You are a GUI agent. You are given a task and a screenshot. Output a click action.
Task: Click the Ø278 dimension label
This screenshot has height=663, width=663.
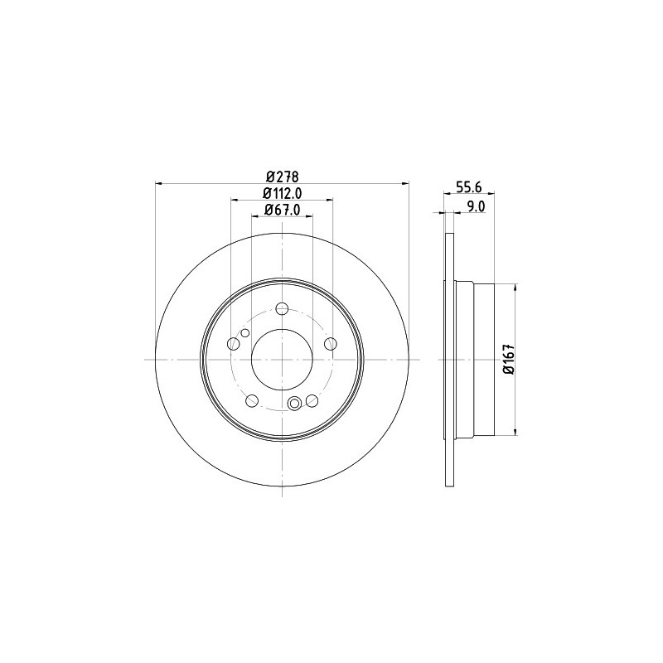[x=283, y=176]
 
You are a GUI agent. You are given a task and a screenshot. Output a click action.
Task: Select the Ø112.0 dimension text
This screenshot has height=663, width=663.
[x=283, y=193]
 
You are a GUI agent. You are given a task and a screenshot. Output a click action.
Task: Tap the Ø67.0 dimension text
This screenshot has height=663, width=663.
[x=283, y=210]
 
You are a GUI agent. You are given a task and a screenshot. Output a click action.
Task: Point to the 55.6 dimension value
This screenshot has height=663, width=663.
[x=469, y=186]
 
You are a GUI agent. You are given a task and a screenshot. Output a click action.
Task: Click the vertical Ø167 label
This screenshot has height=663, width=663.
[x=508, y=359]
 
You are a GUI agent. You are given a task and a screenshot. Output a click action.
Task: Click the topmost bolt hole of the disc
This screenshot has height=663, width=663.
[x=282, y=308]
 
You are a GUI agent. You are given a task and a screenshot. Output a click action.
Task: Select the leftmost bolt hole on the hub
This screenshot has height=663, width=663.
[x=234, y=344]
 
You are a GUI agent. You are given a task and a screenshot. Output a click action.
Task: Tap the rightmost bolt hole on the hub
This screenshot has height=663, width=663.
[x=330, y=344]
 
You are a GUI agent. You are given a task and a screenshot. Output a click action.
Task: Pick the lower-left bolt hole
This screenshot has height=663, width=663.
[x=252, y=400]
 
